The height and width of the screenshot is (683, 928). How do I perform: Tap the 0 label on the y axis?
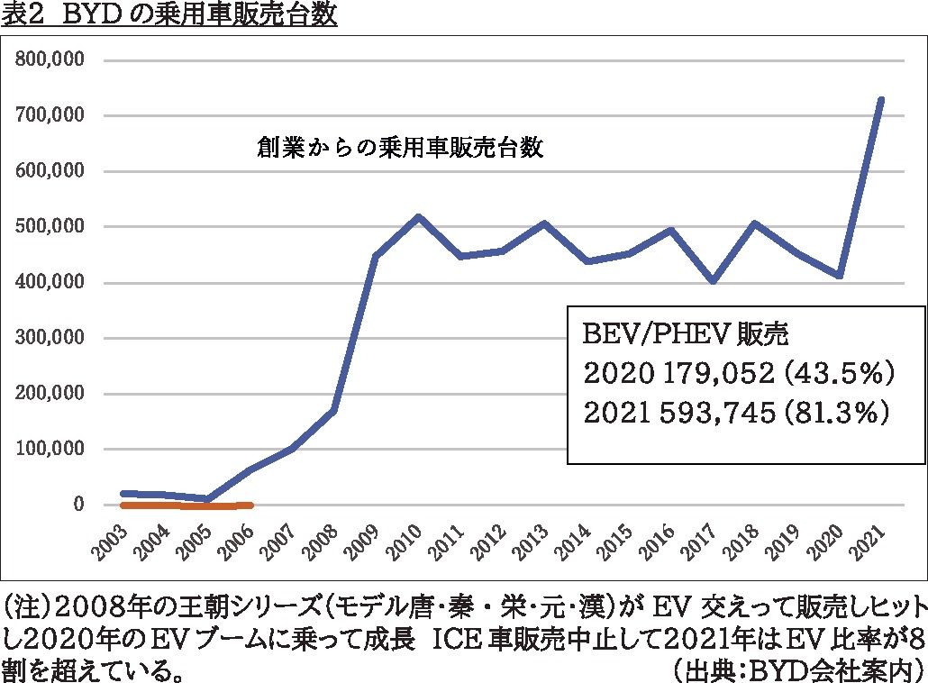point(78,505)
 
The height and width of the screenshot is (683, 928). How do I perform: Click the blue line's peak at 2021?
point(881,99)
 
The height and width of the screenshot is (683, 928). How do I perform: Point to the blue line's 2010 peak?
point(419,217)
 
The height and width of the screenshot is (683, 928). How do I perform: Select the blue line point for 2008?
point(335,411)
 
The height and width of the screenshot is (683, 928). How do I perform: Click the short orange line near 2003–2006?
point(187,505)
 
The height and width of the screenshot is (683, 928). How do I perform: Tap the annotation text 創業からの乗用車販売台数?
point(400,148)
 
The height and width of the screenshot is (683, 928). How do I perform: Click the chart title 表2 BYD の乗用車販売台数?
point(169,15)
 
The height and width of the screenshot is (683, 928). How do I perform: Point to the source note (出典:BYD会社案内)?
point(797,669)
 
